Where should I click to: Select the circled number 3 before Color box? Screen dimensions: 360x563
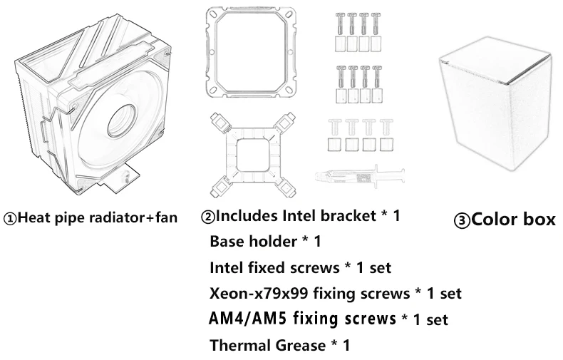click(462, 220)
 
